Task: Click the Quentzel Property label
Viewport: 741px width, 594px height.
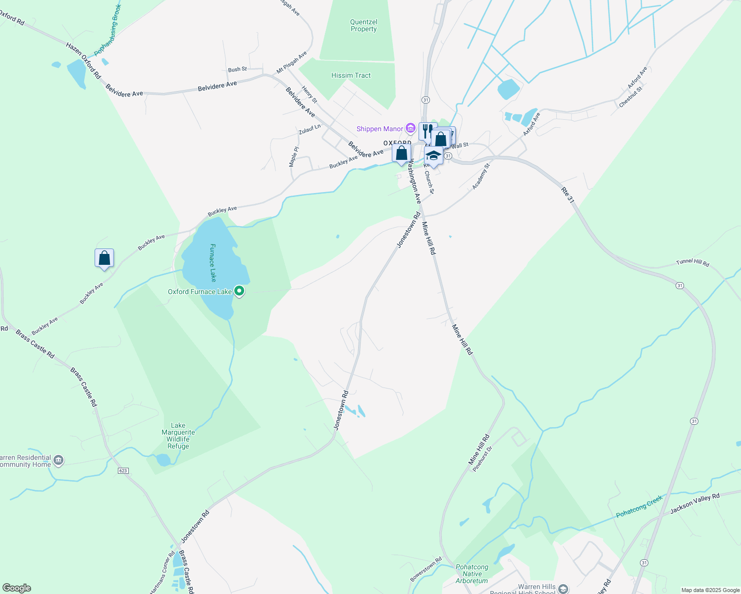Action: pyautogui.click(x=364, y=26)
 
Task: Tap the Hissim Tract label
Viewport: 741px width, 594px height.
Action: pyautogui.click(x=351, y=76)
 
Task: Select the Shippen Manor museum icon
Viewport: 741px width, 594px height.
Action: pyautogui.click(x=410, y=129)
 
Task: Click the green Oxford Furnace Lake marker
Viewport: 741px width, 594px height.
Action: pyautogui.click(x=239, y=291)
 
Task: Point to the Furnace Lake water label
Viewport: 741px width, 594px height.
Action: pyautogui.click(x=213, y=262)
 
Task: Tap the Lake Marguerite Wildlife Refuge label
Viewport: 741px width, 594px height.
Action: pyautogui.click(x=178, y=436)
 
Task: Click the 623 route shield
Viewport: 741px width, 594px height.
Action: pyautogui.click(x=123, y=471)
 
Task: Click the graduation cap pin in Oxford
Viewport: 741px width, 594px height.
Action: pyautogui.click(x=433, y=156)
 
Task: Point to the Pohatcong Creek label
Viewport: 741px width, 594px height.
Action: pyautogui.click(x=639, y=507)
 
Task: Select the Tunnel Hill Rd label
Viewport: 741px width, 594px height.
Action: pyautogui.click(x=692, y=262)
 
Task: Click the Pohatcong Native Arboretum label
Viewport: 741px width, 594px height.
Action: pyautogui.click(x=472, y=574)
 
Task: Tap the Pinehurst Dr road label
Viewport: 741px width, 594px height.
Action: pyautogui.click(x=482, y=459)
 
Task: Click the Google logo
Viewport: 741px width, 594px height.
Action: pyautogui.click(x=17, y=588)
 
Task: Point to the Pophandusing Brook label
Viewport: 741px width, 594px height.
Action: pyautogui.click(x=107, y=30)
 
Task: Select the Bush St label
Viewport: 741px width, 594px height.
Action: pyautogui.click(x=237, y=69)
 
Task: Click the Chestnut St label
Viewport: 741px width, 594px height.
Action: pyautogui.click(x=631, y=97)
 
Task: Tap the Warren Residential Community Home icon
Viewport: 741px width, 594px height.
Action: pyautogui.click(x=58, y=461)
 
